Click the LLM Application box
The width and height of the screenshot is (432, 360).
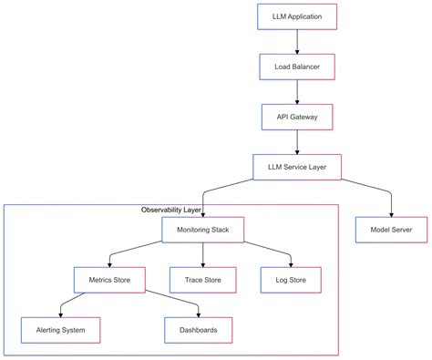(297, 17)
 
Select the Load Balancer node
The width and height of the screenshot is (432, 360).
(297, 67)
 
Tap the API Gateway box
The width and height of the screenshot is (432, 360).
(297, 117)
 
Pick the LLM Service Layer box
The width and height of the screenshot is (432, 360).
(297, 167)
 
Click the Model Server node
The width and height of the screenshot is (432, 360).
(391, 230)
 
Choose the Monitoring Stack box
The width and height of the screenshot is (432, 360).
(202, 230)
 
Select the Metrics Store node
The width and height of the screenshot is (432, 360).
(108, 280)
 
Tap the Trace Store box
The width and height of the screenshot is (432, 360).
(202, 280)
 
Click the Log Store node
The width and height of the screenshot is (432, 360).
(291, 280)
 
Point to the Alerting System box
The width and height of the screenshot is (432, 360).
(60, 329)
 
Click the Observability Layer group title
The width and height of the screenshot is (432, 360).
(171, 211)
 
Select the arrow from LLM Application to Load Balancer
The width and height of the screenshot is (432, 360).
(297, 42)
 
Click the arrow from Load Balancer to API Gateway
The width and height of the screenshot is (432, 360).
(297, 92)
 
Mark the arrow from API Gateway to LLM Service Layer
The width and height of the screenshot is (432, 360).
(297, 141)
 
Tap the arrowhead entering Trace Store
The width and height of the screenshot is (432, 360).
(202, 263)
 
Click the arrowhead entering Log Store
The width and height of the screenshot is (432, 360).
(291, 263)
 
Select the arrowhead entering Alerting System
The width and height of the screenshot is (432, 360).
(60, 313)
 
